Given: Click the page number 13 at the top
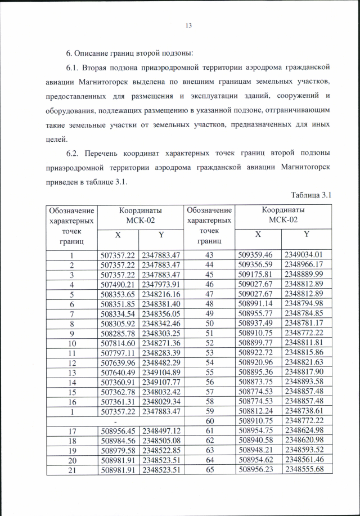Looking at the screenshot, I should coord(188,25).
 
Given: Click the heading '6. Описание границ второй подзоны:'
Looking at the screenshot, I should coord(129,53).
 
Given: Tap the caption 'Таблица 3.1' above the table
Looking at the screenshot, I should coord(312,195).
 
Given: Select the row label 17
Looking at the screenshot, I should coord(72,430).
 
